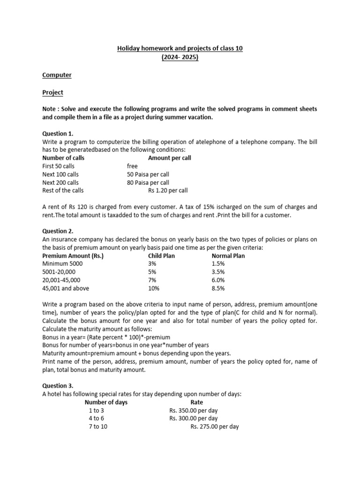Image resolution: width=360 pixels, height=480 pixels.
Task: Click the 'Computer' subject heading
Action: [57, 75]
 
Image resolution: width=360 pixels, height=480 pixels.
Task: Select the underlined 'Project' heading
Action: [52, 92]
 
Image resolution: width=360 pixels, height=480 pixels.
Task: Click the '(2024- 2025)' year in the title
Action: [180, 58]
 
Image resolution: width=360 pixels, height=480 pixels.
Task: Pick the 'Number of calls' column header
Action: [63, 158]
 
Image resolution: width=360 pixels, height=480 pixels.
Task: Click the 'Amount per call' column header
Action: [169, 158]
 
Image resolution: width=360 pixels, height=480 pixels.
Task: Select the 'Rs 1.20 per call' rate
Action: [168, 190]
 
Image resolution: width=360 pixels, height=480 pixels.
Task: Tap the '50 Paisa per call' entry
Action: [148, 174]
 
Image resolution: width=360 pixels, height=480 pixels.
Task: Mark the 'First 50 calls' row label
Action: [58, 166]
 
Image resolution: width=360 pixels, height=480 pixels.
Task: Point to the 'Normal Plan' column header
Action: [228, 256]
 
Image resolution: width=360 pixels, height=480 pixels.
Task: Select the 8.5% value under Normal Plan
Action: [218, 288]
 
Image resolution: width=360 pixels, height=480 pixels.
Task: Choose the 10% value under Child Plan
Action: [154, 288]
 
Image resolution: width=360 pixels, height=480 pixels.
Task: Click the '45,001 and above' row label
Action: [66, 288]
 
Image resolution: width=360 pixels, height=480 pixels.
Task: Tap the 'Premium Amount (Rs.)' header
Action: [73, 256]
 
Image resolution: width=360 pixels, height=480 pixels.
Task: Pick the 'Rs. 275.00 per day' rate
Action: [215, 427]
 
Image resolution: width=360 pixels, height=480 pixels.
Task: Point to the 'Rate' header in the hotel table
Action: [197, 402]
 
